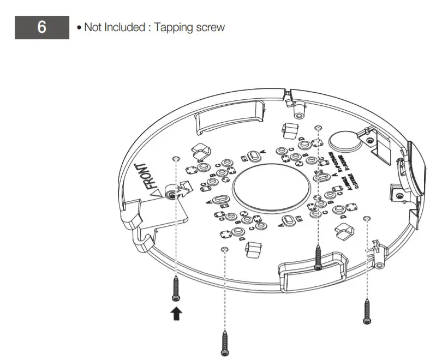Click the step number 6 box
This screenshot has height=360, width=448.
42,27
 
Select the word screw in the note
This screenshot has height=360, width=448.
211,27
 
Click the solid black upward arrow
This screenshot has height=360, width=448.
176,314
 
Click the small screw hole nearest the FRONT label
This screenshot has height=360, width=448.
175,159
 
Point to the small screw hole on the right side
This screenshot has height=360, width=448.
366,218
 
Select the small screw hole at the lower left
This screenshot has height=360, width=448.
224,249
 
